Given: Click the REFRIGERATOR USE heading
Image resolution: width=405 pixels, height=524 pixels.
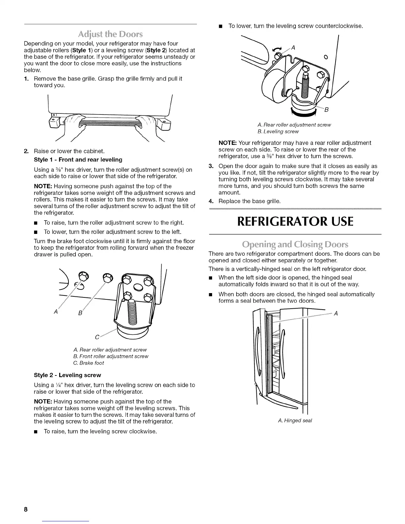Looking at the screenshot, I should [295, 221].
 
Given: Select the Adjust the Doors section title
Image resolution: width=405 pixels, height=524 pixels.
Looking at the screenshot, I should [111, 35].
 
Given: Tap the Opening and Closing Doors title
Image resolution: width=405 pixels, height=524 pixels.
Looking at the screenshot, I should [295, 245].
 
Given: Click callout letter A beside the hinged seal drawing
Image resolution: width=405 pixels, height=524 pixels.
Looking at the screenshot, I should [336, 314].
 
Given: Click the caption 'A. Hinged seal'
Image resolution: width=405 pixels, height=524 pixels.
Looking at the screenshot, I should [295, 420].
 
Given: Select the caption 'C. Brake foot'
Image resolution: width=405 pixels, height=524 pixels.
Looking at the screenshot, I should [89, 363].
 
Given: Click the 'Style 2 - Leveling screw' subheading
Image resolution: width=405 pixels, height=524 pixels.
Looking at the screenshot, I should [67, 375].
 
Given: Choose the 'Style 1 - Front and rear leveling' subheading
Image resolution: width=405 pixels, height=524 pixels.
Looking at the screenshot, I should [78, 160].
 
